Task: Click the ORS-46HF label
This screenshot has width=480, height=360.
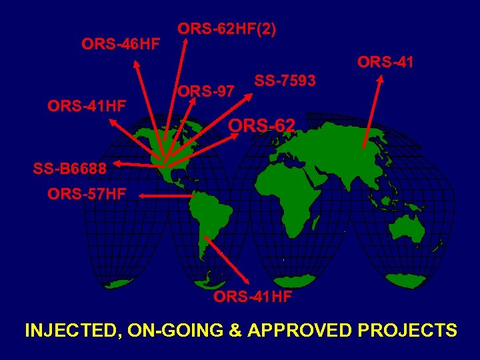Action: coord(121,45)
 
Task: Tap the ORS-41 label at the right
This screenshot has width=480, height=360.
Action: coord(385,63)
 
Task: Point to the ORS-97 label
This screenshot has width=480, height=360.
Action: coord(205,91)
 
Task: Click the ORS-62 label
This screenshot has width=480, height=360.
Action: coord(262,125)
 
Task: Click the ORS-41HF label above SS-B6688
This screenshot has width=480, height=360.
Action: coord(87,105)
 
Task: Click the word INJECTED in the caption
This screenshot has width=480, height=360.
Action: coord(69,331)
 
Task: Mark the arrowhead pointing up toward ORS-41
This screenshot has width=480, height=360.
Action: coord(380,79)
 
